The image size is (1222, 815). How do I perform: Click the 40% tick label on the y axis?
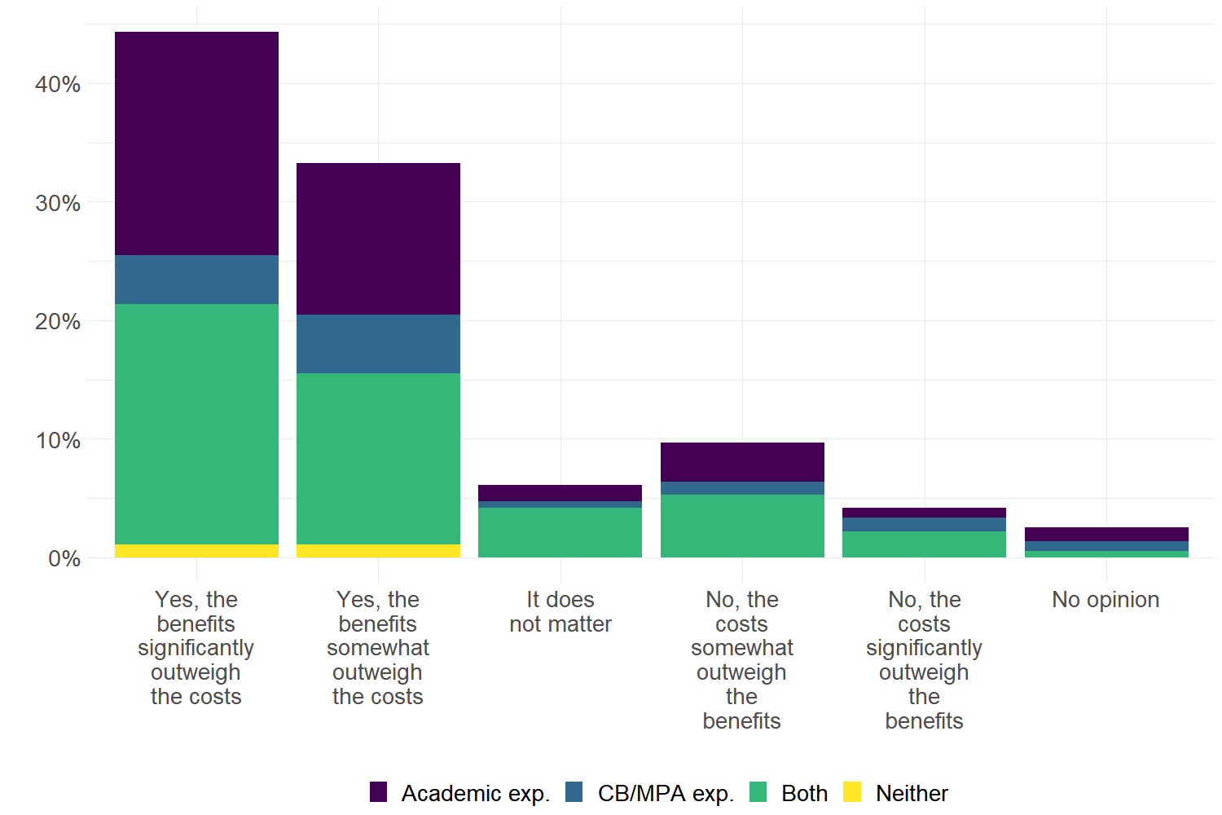click(57, 85)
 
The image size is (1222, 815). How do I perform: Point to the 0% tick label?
click(64, 559)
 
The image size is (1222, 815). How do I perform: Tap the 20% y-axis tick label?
click(57, 322)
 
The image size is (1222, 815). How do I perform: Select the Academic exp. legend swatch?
click(378, 792)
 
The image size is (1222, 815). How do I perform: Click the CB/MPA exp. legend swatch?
click(574, 792)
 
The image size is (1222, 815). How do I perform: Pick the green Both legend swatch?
click(758, 792)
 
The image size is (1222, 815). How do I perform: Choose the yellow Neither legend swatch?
click(852, 792)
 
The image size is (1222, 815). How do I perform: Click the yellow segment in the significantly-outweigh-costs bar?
click(196, 551)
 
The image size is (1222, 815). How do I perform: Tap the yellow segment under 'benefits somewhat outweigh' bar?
click(378, 551)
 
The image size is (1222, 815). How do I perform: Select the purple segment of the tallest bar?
click(196, 143)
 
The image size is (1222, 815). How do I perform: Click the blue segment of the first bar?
click(196, 280)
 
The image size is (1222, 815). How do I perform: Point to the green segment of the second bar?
click(378, 459)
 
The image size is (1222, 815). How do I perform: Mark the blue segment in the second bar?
click(378, 344)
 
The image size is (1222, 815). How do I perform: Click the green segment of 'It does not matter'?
click(560, 532)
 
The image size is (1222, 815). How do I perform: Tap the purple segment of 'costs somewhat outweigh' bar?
click(742, 462)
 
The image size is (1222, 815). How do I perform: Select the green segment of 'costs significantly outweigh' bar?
click(924, 544)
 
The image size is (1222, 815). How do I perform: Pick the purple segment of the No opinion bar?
click(1106, 534)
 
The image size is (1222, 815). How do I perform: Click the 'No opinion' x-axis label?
click(1106, 600)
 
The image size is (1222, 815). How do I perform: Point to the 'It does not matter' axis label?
click(560, 612)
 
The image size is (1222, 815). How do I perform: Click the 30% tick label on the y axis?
click(57, 204)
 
